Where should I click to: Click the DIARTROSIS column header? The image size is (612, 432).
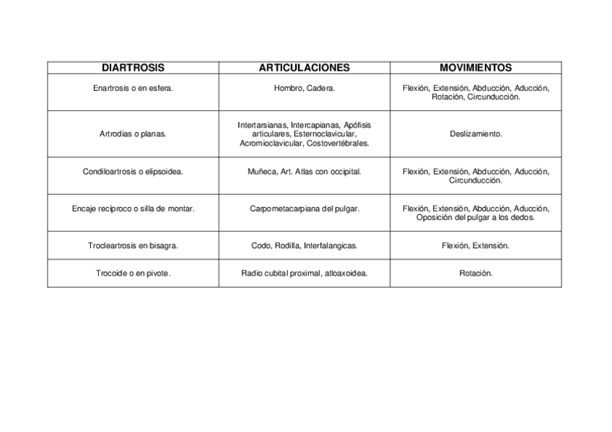pyautogui.click(x=133, y=68)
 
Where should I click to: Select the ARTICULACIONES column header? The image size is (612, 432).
pyautogui.click(x=304, y=68)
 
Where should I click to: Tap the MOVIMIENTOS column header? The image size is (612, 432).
pyautogui.click(x=476, y=68)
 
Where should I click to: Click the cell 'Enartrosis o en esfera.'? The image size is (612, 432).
pyautogui.click(x=133, y=88)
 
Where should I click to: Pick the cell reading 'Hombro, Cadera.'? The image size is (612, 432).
pyautogui.click(x=304, y=88)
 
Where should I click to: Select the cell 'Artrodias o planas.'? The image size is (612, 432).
pyautogui.click(x=133, y=133)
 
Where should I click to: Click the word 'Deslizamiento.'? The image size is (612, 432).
pyautogui.click(x=476, y=133)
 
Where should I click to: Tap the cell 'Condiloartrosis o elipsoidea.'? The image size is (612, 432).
pyautogui.click(x=133, y=172)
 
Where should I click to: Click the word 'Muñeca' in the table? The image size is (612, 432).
pyautogui.click(x=261, y=172)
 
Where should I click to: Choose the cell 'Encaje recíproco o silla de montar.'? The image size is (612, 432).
pyautogui.click(x=133, y=208)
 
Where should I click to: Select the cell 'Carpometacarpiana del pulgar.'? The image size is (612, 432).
pyautogui.click(x=304, y=208)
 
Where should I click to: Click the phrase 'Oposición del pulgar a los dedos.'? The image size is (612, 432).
pyautogui.click(x=476, y=217)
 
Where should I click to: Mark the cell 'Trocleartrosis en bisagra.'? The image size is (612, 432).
pyautogui.click(x=133, y=245)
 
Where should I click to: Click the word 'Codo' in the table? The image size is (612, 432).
pyautogui.click(x=261, y=245)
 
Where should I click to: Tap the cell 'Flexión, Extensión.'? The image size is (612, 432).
pyautogui.click(x=476, y=245)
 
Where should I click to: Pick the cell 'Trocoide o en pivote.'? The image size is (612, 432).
pyautogui.click(x=133, y=273)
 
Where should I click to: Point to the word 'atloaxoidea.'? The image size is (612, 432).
pyautogui.click(x=346, y=273)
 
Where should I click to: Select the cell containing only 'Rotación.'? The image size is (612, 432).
pyautogui.click(x=476, y=273)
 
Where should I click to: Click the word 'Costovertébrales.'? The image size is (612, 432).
pyautogui.click(x=338, y=143)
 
